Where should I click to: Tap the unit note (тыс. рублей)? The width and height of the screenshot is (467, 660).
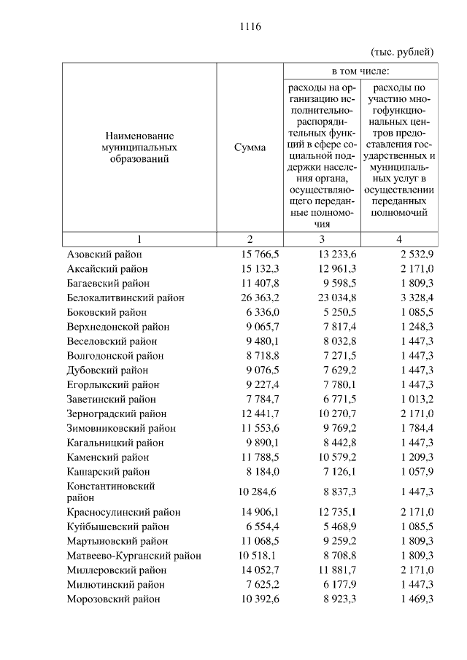pyautogui.click(x=403, y=52)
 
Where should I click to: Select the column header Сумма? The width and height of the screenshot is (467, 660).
pyautogui.click(x=250, y=147)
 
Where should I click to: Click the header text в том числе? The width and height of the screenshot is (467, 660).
pyautogui.click(x=360, y=71)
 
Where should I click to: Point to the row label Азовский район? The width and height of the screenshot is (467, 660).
pyautogui.click(x=104, y=255)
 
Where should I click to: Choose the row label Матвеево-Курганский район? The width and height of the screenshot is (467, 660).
pyautogui.click(x=134, y=556)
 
